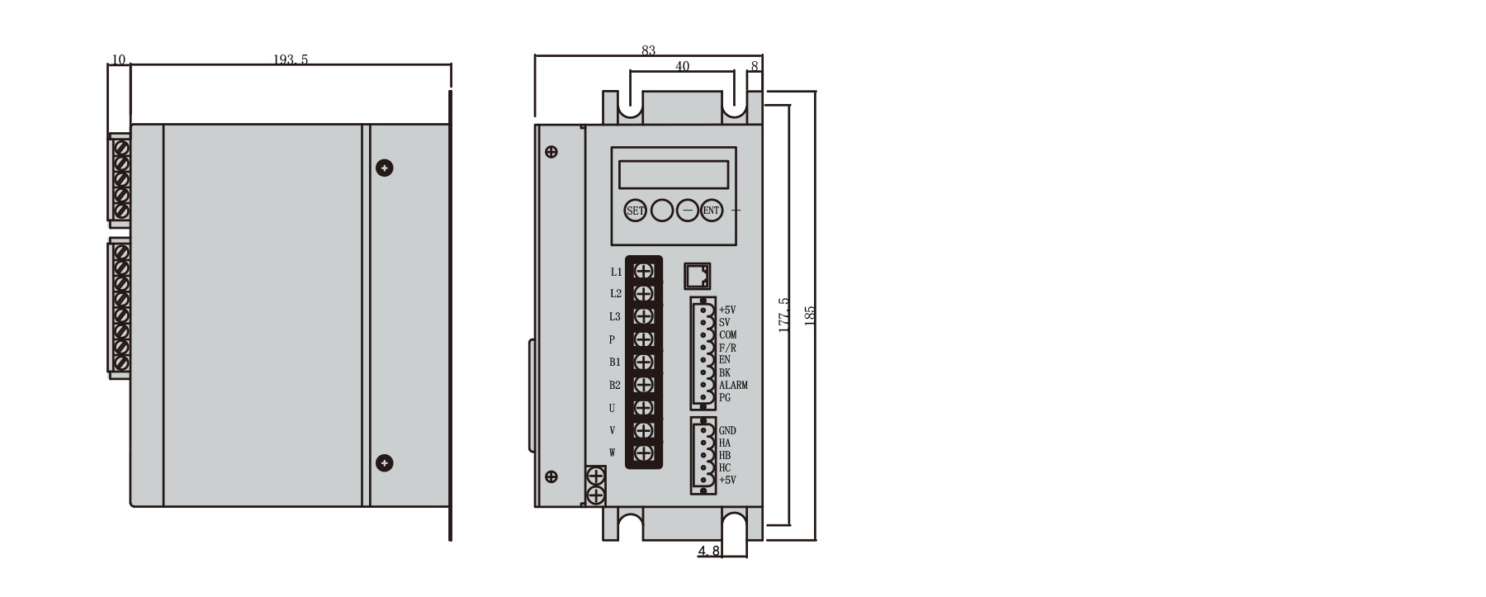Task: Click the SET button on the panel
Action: coord(635,211)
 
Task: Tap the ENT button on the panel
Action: coord(711,211)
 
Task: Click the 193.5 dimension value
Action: coord(291,59)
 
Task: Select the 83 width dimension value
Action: coord(648,50)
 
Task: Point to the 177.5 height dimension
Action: coord(784,315)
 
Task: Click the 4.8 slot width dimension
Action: coord(709,551)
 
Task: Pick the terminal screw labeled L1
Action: coord(644,271)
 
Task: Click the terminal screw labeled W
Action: coord(644,452)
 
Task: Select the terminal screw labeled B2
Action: coord(644,385)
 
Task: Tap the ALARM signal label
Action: coord(733,386)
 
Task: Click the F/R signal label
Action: coord(727,348)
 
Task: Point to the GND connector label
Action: coord(727,431)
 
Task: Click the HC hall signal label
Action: coord(725,468)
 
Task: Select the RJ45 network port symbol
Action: coord(698,276)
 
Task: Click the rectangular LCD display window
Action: coord(674,175)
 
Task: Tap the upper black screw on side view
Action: coord(384,168)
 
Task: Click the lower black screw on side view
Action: coord(384,463)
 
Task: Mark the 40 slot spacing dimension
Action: coord(682,66)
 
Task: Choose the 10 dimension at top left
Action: coord(118,59)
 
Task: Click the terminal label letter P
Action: coord(612,339)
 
